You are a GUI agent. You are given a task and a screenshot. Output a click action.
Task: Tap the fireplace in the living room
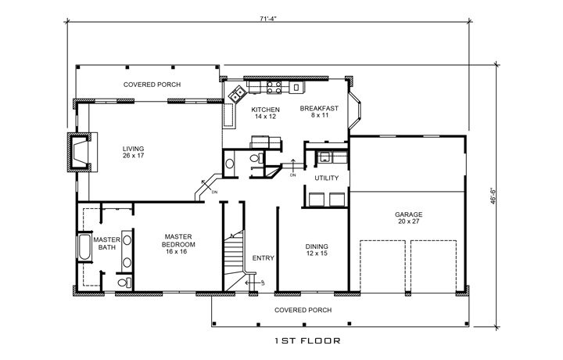coord(80,152)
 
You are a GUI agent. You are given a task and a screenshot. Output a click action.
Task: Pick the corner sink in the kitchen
coord(236,96)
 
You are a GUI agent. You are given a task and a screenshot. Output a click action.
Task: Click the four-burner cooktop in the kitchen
coord(274,88)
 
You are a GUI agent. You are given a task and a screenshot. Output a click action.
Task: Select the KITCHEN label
coord(265,113)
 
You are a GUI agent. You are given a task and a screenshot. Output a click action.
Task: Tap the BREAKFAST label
coord(319,112)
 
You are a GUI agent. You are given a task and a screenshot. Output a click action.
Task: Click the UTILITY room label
coord(326,179)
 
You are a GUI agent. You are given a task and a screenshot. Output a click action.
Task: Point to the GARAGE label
coord(407,217)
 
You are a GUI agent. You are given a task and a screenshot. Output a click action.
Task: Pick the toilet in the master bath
coord(121,283)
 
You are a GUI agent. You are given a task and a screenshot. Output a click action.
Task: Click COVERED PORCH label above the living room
coord(152,84)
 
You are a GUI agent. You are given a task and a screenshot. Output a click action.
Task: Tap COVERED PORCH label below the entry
coord(303,310)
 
